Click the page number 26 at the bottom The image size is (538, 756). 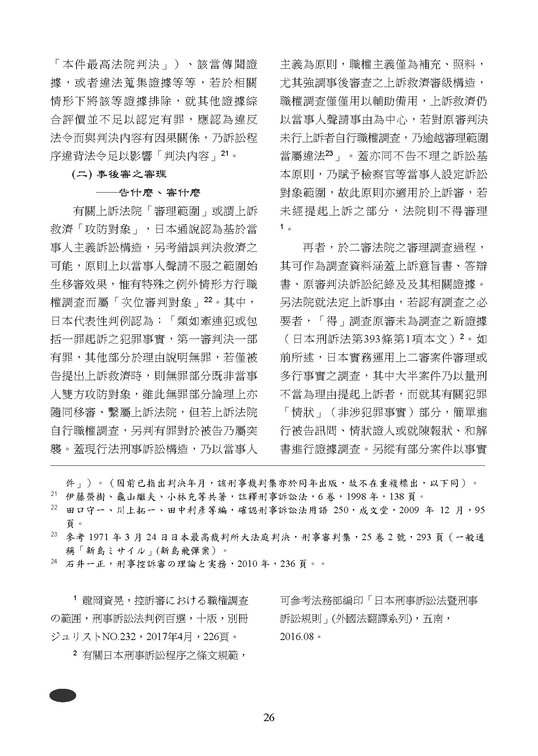(x=269, y=717)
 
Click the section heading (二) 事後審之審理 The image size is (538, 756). (x=119, y=174)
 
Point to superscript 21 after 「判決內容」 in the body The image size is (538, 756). (x=225, y=153)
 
